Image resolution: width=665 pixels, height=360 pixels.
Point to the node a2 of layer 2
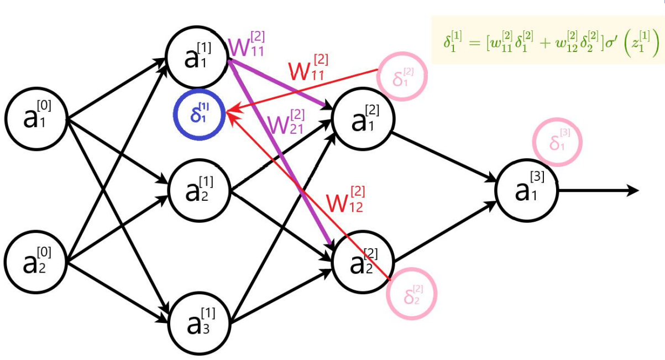pyautogui.click(x=363, y=261)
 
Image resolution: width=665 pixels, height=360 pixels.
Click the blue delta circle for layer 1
pyautogui.click(x=198, y=115)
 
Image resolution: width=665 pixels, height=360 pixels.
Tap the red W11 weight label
pyautogui.click(x=308, y=67)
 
